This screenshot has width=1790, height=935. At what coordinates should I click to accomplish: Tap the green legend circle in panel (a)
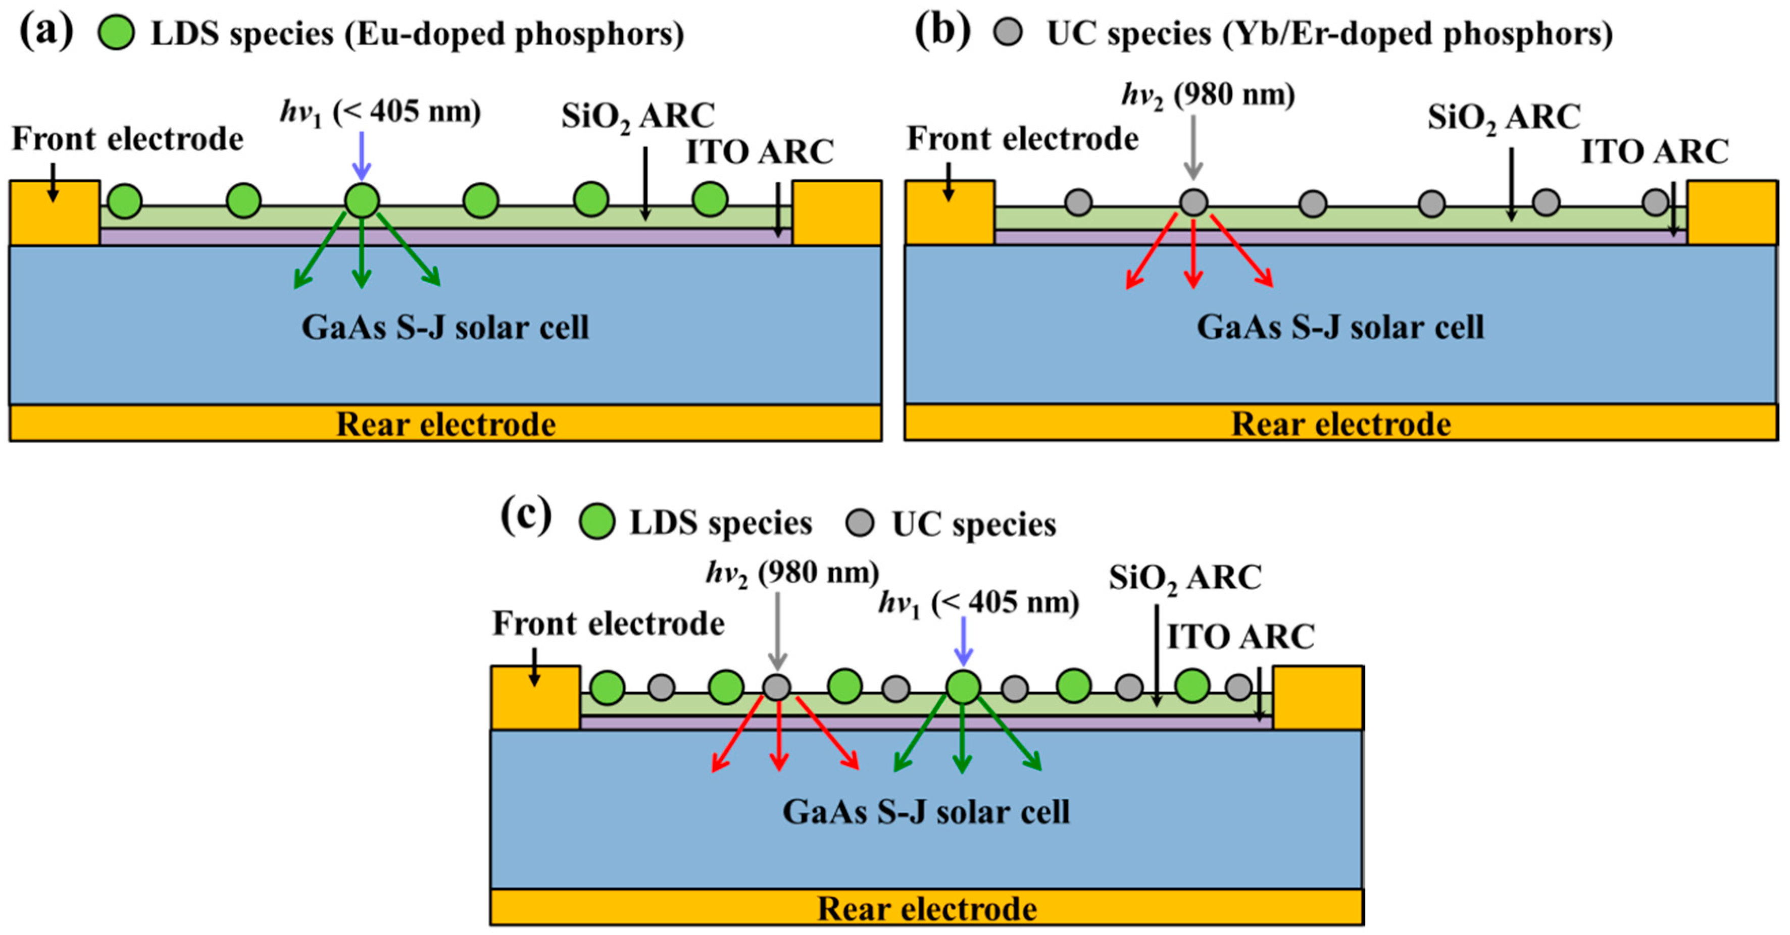click(x=116, y=33)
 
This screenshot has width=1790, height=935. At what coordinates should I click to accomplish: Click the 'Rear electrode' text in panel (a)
click(x=445, y=424)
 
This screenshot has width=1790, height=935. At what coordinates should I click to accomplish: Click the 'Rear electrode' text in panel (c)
click(x=926, y=909)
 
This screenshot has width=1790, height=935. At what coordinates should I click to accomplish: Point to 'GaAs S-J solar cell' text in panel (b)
click(x=1339, y=327)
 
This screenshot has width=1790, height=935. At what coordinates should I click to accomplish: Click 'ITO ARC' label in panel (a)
click(x=760, y=151)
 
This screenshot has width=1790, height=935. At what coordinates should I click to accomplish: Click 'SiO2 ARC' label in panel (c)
click(x=1185, y=577)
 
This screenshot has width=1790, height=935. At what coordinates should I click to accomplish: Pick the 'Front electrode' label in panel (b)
click(x=1022, y=138)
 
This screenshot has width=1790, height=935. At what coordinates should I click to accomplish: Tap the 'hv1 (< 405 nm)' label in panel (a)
click(x=380, y=111)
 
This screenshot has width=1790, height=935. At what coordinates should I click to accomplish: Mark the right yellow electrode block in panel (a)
click(x=837, y=212)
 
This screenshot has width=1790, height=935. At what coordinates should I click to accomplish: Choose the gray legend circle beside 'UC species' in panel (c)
click(x=860, y=523)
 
